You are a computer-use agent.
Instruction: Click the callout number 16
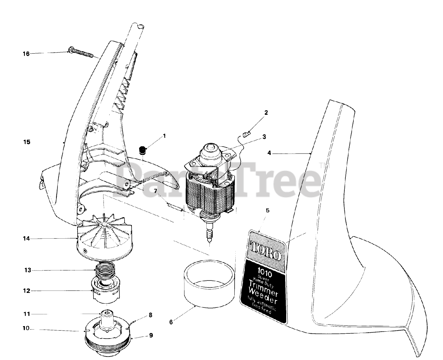click(x=26, y=54)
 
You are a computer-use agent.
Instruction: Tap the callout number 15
click(x=26, y=142)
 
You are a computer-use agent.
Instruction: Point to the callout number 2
click(x=266, y=112)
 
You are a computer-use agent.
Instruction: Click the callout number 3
click(x=264, y=137)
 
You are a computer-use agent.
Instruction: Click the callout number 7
click(x=155, y=191)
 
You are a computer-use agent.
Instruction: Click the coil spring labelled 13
click(x=105, y=270)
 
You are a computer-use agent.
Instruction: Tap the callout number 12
click(x=26, y=291)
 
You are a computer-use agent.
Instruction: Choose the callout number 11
click(x=26, y=314)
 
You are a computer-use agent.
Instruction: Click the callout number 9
click(x=151, y=335)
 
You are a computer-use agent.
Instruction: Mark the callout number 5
click(x=267, y=210)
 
